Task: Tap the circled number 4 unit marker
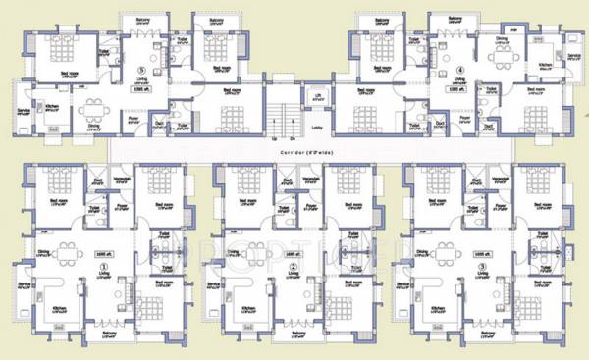(x=460, y=70)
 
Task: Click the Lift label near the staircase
(x=318, y=95)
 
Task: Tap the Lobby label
(x=317, y=126)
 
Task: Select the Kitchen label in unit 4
(x=545, y=65)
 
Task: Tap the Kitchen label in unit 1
(x=57, y=306)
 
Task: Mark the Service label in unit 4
(x=573, y=56)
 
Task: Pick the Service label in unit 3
(x=402, y=285)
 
